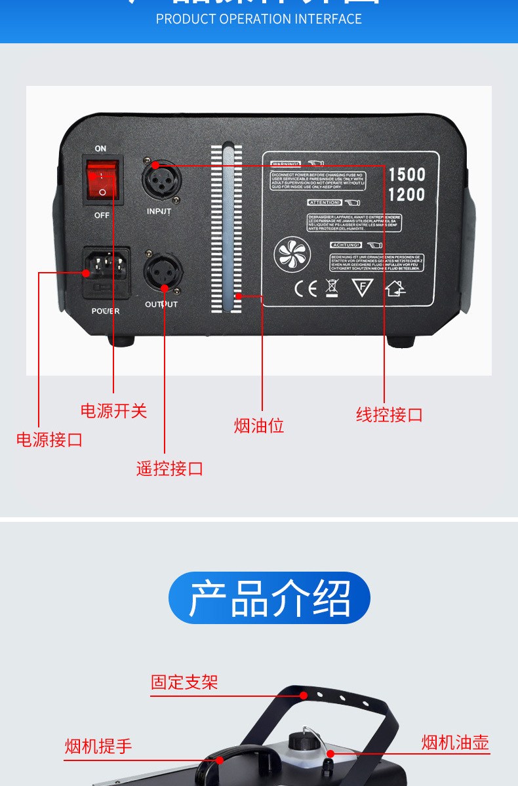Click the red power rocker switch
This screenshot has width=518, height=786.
pyautogui.click(x=103, y=178)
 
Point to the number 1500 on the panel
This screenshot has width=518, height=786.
pyautogui.click(x=407, y=174)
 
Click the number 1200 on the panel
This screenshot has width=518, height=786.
pyautogui.click(x=407, y=195)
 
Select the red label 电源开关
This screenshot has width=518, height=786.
pyautogui.click(x=113, y=411)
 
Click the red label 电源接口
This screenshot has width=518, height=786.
pyautogui.click(x=50, y=439)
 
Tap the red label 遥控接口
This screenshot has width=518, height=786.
pyautogui.click(x=170, y=469)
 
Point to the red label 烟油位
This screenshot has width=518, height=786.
pyautogui.click(x=259, y=426)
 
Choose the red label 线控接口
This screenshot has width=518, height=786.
pyautogui.click(x=389, y=415)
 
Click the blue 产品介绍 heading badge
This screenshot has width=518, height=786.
pyautogui.click(x=269, y=598)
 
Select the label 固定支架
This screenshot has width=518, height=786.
pyautogui.click(x=184, y=682)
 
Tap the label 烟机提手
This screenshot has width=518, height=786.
pyautogui.click(x=98, y=746)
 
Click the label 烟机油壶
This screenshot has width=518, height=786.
pyautogui.click(x=455, y=743)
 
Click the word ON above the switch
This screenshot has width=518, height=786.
pyautogui.click(x=100, y=149)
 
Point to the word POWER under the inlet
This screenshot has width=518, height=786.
pyautogui.click(x=106, y=311)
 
